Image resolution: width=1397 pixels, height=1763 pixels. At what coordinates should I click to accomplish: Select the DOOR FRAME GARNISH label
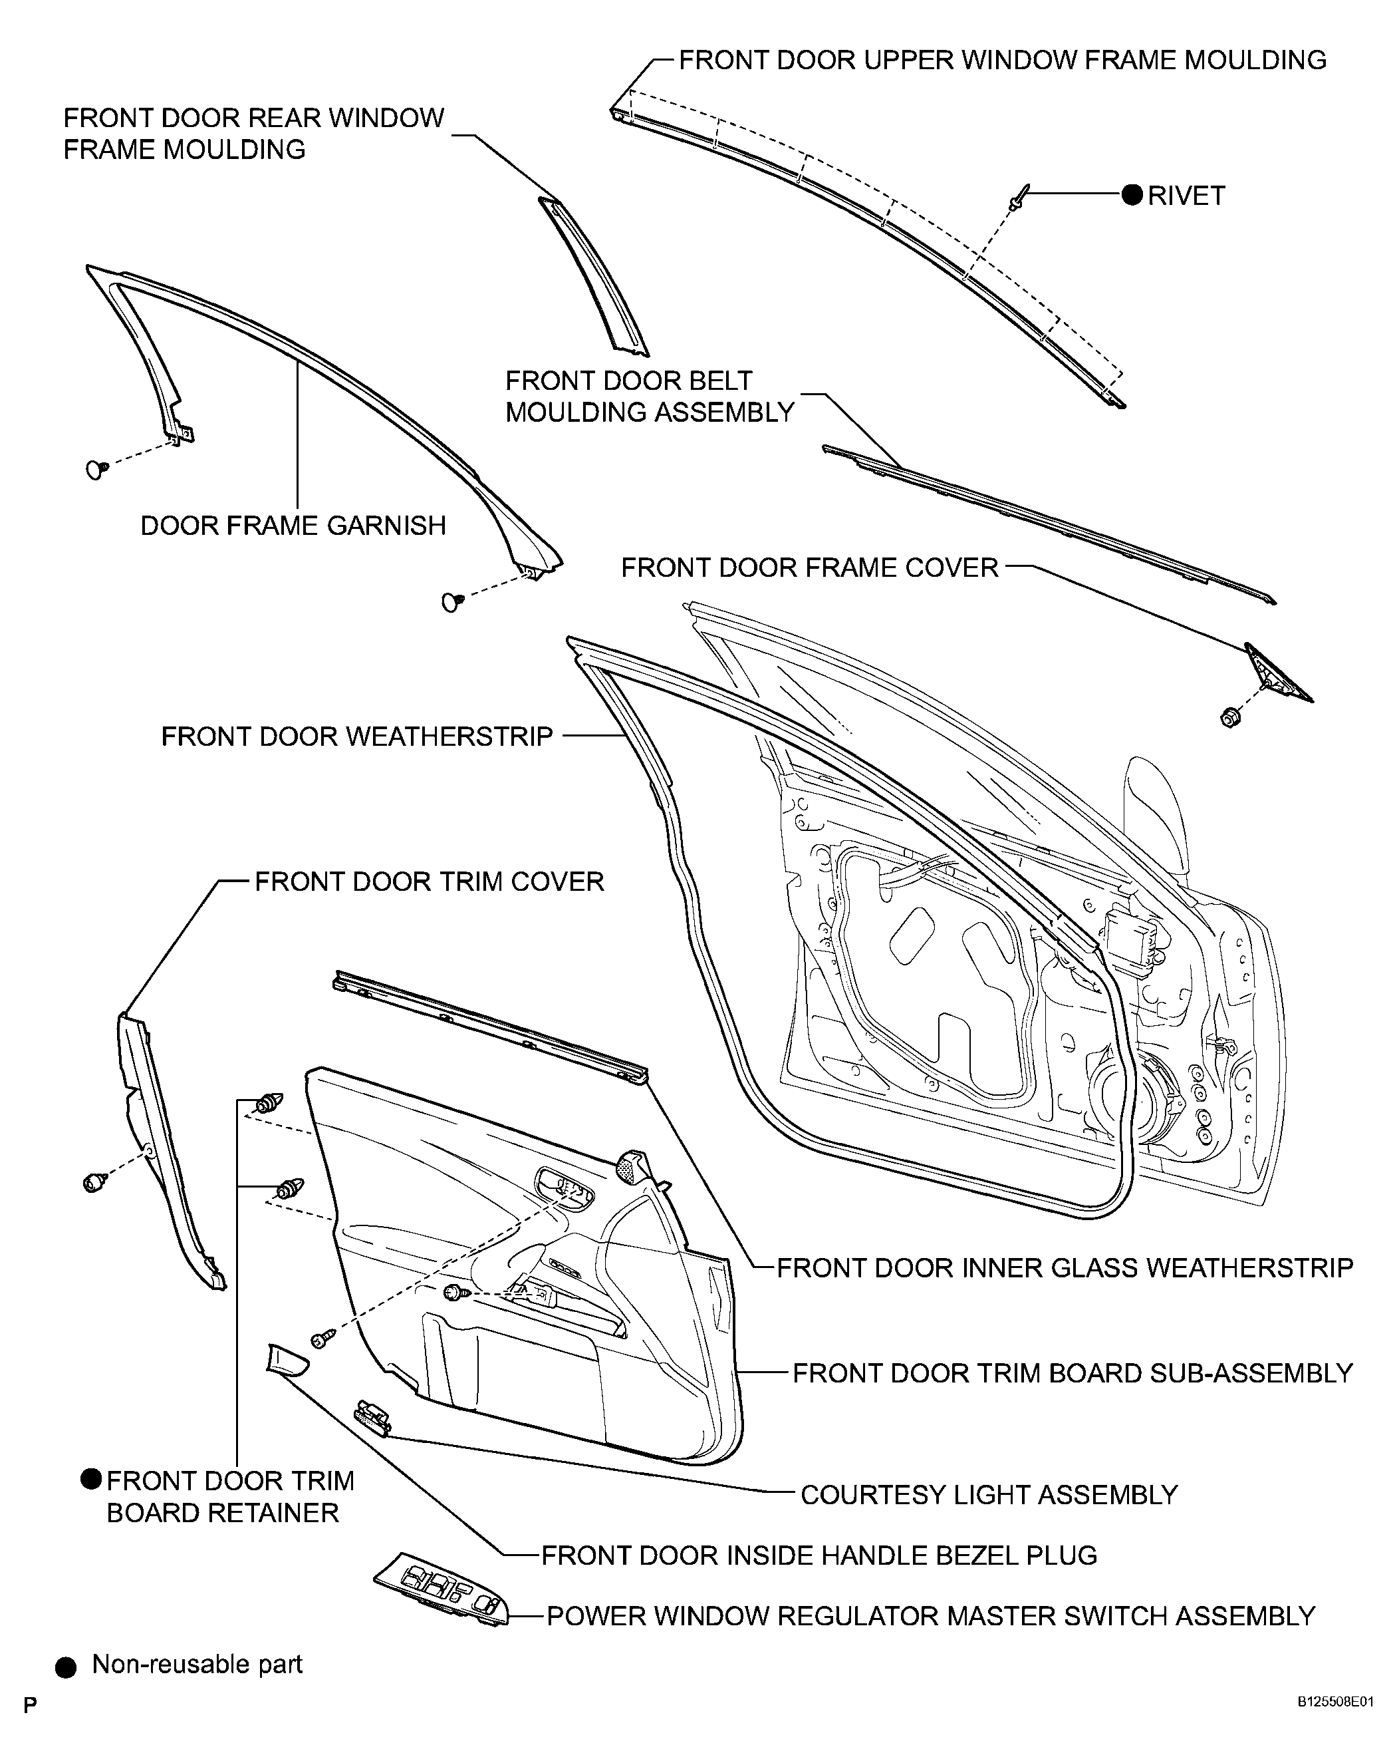293,525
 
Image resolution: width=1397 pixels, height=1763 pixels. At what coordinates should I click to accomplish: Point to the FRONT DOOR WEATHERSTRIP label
357,736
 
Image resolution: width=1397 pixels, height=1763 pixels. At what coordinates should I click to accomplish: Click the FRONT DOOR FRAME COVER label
810,567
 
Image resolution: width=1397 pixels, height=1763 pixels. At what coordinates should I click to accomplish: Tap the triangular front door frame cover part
1276,673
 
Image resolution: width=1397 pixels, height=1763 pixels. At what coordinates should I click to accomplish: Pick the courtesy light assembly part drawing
373,1420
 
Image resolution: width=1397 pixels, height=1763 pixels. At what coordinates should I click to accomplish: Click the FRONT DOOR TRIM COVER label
429,881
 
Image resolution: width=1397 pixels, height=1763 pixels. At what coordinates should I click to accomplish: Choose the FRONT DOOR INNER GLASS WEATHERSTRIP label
1065,1267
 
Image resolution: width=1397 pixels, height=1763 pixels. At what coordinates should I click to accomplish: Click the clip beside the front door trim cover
96,1181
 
